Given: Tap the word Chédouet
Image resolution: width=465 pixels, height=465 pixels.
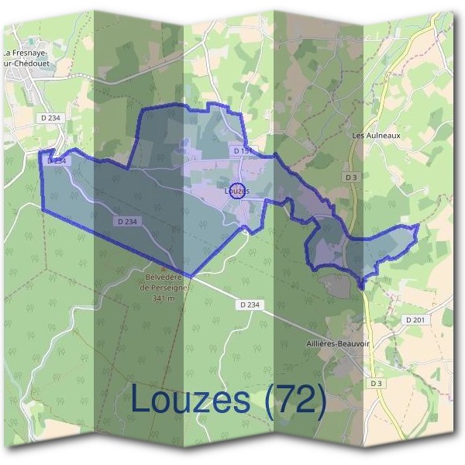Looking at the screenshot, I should click(32, 64).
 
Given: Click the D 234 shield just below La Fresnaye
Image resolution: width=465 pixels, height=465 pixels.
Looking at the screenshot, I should click(50, 117).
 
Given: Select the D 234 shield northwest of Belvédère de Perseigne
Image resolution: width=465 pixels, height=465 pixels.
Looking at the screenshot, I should click(129, 221).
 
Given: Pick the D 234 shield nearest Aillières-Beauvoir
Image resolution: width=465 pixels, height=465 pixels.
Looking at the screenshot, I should click(250, 305).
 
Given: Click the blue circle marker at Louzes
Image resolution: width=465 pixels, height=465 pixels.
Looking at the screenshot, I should click(239, 191).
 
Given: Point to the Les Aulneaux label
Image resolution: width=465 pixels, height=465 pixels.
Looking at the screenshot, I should click(376, 135).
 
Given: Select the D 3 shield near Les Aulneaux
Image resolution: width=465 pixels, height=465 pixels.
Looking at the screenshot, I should click(352, 177).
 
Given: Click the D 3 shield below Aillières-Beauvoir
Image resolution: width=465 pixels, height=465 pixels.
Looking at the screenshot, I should click(376, 383).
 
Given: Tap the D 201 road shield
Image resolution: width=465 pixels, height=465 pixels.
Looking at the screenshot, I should click(416, 319).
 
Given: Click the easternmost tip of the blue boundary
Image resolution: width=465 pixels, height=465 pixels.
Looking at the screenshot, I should click(418, 226).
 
